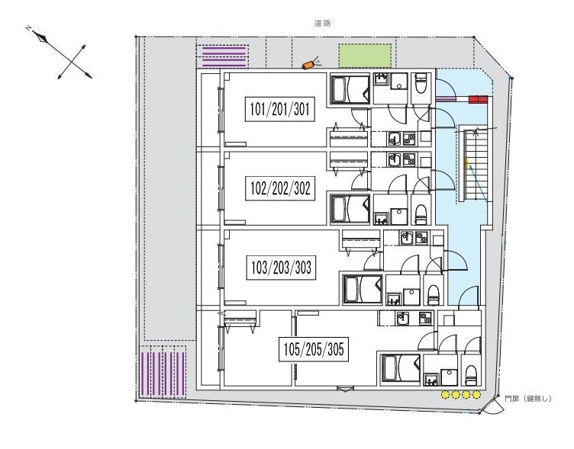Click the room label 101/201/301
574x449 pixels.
(279, 109)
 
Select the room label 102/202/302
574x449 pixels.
(280, 188)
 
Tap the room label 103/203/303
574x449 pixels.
(281, 268)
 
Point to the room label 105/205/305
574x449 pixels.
(314, 349)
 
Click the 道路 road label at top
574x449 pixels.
(323, 24)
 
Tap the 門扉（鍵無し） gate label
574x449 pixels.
(528, 399)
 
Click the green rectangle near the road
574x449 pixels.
(365, 56)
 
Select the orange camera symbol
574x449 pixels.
(308, 65)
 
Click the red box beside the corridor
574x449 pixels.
(478, 99)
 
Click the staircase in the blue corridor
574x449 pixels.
(476, 165)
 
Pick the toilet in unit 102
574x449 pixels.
(421, 214)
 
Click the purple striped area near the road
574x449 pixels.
(224, 56)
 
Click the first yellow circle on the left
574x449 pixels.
(445, 395)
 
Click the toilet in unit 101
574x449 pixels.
(421, 83)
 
